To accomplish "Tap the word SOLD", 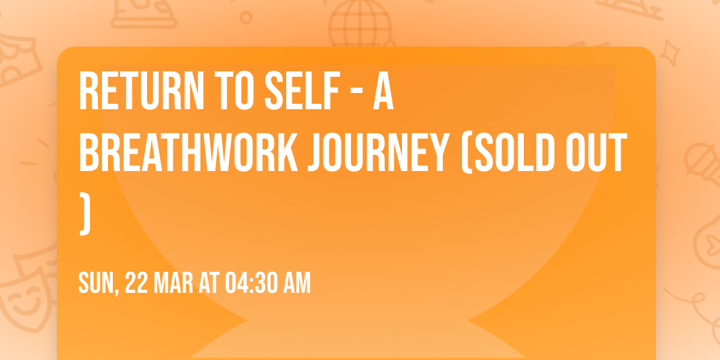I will pos(516,152).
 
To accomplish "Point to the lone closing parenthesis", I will pos(85,214).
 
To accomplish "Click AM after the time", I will pos(298,283).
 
